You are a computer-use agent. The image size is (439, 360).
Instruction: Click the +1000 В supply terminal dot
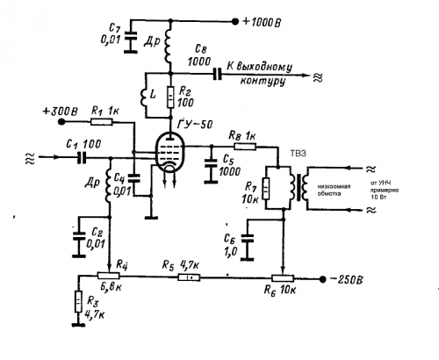(x=235, y=21)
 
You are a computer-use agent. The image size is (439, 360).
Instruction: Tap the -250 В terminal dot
(x=322, y=279)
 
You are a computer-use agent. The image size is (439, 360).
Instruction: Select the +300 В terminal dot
(x=61, y=121)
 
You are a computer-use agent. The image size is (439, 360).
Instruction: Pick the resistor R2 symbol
(x=170, y=97)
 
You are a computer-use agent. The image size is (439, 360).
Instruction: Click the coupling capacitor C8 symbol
(x=217, y=74)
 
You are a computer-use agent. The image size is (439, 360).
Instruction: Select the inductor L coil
(x=144, y=97)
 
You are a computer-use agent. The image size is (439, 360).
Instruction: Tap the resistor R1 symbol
(x=101, y=121)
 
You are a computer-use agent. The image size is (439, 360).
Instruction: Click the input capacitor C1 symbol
(x=82, y=157)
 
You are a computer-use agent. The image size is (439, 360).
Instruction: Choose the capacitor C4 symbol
(x=134, y=178)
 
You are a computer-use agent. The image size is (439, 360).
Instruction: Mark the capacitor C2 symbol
(x=78, y=236)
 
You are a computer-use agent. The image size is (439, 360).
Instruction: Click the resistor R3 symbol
(x=78, y=301)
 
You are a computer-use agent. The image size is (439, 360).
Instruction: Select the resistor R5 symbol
(x=189, y=277)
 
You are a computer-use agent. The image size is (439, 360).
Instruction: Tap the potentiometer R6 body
(x=283, y=278)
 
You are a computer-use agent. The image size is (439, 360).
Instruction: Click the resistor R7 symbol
(x=266, y=188)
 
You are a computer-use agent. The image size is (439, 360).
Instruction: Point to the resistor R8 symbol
(x=245, y=146)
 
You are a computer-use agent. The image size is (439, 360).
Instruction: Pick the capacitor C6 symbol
(x=247, y=238)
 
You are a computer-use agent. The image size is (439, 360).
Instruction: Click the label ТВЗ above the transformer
(x=298, y=154)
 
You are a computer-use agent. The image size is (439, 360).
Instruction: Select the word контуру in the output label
(x=263, y=81)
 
